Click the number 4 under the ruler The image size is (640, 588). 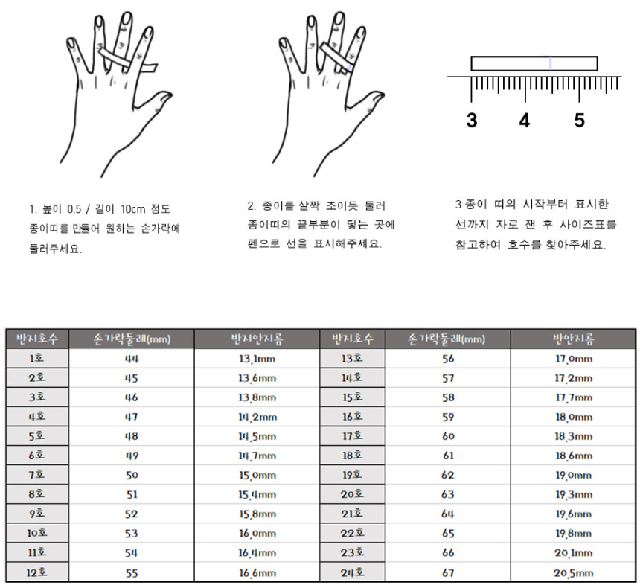tap(525, 121)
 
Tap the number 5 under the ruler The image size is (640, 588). tap(579, 121)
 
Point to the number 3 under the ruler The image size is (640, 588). tap(472, 121)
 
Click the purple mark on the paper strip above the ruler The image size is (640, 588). tap(550, 64)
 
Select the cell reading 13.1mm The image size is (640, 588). tap(257, 359)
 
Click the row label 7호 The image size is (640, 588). tap(36, 475)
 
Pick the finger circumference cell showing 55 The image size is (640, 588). tap(132, 573)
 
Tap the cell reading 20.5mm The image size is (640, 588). tap(574, 573)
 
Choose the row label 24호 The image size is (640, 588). tap(352, 572)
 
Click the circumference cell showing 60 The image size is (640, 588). tap(448, 436)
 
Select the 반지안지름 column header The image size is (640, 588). tap(257, 339)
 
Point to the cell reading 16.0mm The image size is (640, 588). tap(257, 534)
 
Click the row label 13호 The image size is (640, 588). tap(352, 359)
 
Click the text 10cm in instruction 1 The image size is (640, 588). tap(133, 209)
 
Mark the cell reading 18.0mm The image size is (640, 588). tap(574, 417)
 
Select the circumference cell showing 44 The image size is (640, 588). tap(132, 359)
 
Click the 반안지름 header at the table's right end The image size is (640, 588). tap(574, 339)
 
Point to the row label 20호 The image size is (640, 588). tap(352, 494)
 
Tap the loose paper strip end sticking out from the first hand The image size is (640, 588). tap(150, 68)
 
